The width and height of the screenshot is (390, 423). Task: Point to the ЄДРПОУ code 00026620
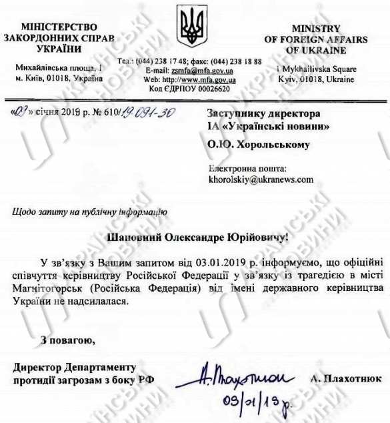210,89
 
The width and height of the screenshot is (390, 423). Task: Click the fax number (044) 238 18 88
234,61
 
